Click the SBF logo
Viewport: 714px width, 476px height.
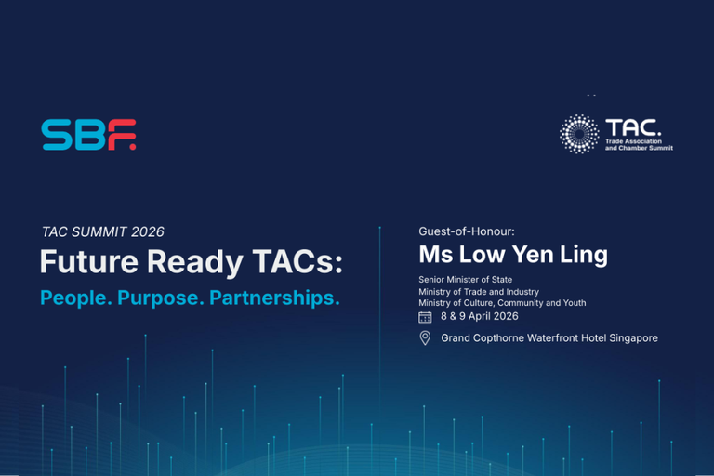pyautogui.click(x=89, y=135)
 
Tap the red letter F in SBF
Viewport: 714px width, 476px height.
pyautogui.click(x=122, y=135)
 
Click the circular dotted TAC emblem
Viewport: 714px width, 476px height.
pyautogui.click(x=579, y=134)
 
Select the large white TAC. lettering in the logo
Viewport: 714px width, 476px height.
pyautogui.click(x=633, y=128)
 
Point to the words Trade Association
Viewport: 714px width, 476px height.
pyautogui.click(x=633, y=141)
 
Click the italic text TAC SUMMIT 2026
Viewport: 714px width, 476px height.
pyautogui.click(x=103, y=231)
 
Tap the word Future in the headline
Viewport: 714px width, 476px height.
pyautogui.click(x=89, y=261)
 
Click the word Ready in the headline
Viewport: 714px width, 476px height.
pyautogui.click(x=195, y=263)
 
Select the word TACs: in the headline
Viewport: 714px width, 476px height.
pyautogui.click(x=297, y=261)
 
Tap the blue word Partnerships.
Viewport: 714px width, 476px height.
pyautogui.click(x=274, y=297)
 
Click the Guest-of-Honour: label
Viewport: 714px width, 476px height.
pyautogui.click(x=467, y=231)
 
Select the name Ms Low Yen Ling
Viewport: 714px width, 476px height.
pyautogui.click(x=513, y=255)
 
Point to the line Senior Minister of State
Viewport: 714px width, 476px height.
pyautogui.click(x=466, y=280)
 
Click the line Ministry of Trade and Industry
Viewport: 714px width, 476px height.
pyautogui.click(x=479, y=292)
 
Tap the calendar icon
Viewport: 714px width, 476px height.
pyautogui.click(x=425, y=317)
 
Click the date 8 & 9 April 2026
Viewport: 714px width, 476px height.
pyautogui.click(x=480, y=316)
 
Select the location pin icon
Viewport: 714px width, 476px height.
pyautogui.click(x=425, y=338)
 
